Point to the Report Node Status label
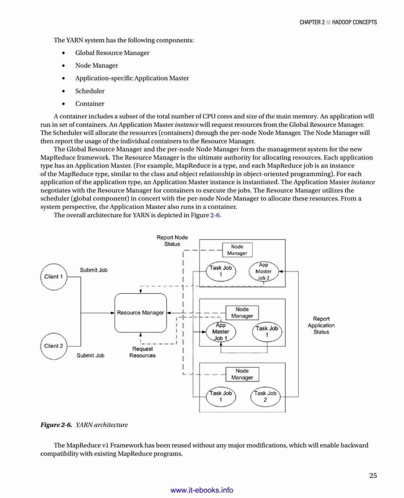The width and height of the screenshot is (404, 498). (172, 241)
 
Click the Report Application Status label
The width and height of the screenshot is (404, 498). (321, 325)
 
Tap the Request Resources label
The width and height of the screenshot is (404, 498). (142, 352)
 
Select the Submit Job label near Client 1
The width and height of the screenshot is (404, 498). (94, 270)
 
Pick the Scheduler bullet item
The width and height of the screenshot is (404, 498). (89, 91)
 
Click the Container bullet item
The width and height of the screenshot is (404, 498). (89, 104)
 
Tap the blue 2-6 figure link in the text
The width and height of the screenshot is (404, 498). (215, 215)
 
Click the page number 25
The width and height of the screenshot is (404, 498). (373, 475)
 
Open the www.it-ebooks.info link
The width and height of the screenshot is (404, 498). (202, 490)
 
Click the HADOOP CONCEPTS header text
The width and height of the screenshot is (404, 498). (355, 22)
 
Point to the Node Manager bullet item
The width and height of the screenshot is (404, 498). (96, 66)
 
